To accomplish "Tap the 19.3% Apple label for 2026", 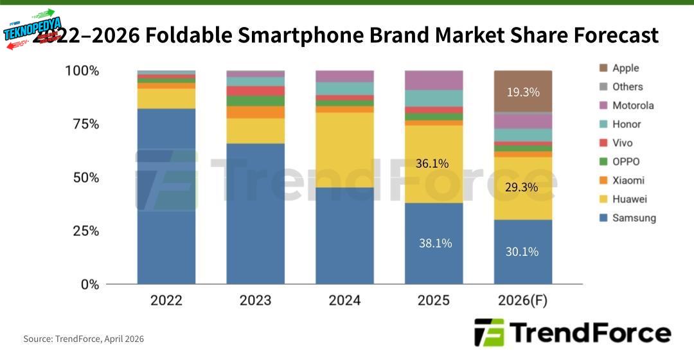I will (522, 92).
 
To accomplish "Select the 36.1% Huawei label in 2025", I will (432, 163).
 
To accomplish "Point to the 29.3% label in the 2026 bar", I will (522, 187).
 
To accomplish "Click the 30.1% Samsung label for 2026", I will (522, 251).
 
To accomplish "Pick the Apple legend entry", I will (625, 68).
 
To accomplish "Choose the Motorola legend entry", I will (632, 105).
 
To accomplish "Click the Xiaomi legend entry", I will (628, 181).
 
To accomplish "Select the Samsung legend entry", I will (633, 218).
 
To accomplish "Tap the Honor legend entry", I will (627, 124).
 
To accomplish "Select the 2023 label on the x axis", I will (255, 300).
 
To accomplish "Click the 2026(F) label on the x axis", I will (522, 300).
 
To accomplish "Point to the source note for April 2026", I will (84, 339).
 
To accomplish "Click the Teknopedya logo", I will (33, 27).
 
